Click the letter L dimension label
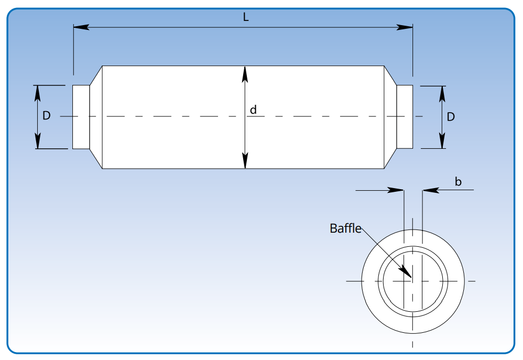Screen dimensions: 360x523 [246, 17]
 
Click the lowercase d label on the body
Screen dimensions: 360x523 [253, 110]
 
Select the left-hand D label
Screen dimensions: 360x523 [47, 116]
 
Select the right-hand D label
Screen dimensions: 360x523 [451, 116]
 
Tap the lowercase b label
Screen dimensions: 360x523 [458, 182]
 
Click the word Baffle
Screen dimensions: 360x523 [345, 228]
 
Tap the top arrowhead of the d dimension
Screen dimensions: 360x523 [245, 74]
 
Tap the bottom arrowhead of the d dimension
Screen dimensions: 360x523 [245, 161]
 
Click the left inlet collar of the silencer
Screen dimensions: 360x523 [81, 117]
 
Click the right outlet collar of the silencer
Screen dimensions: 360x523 [405, 117]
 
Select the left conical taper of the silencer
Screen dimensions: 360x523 [96, 117]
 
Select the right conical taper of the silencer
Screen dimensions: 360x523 [390, 117]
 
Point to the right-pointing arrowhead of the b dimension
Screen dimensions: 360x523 [397, 190]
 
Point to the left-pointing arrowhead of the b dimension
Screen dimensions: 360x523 [429, 190]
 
